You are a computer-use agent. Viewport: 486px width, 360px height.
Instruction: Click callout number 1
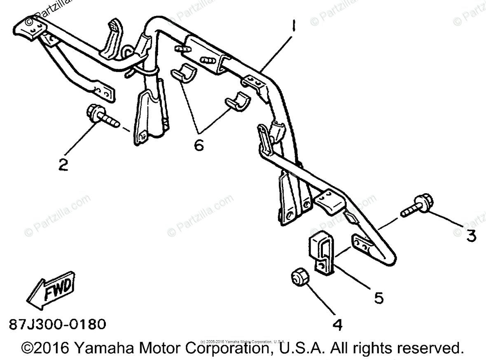click(293, 29)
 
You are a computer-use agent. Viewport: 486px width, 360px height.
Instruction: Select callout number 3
click(471, 236)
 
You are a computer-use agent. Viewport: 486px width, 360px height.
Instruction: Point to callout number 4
click(337, 325)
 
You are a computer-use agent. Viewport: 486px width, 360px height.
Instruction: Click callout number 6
click(199, 145)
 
